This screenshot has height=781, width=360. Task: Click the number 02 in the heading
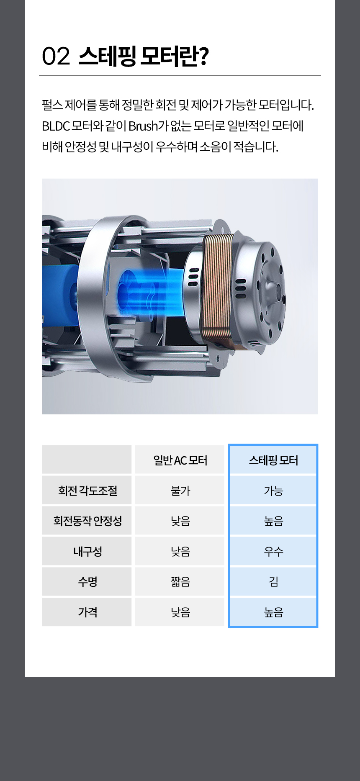(x=56, y=56)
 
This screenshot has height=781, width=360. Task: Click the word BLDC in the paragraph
(x=56, y=126)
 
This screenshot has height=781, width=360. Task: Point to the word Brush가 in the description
(x=149, y=126)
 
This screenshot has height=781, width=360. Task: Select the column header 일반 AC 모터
(x=180, y=460)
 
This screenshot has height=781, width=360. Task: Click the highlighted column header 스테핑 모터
(x=273, y=460)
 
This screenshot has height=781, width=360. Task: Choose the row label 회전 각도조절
(x=87, y=491)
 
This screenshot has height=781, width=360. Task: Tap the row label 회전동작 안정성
(x=87, y=521)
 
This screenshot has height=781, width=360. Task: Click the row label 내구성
(x=87, y=551)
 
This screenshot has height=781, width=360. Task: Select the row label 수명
(x=87, y=582)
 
